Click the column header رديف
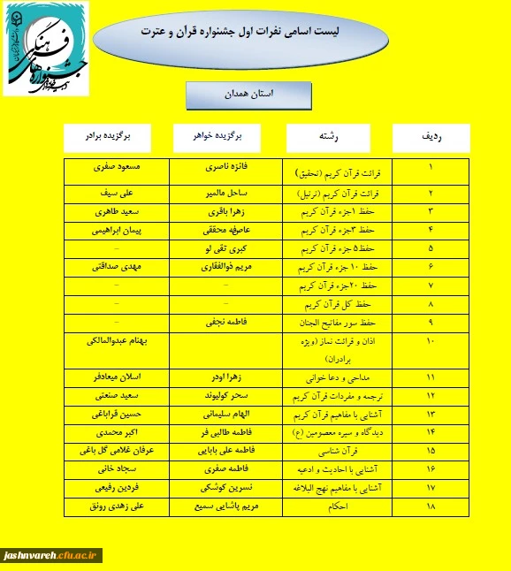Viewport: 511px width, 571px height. pyautogui.click(x=431, y=138)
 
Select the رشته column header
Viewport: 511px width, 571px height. pyautogui.click(x=326, y=138)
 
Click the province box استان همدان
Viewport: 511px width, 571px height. pyautogui.click(x=248, y=94)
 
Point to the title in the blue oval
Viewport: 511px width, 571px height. pyautogui.click(x=240, y=32)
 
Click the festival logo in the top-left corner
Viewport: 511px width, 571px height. pyautogui.click(x=45, y=48)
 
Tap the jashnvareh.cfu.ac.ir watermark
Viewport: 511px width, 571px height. pyautogui.click(x=52, y=555)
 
